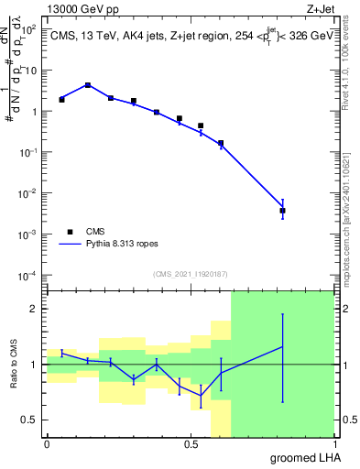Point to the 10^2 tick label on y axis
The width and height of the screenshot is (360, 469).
(x=30, y=29)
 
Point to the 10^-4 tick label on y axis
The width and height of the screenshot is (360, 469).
(x=29, y=276)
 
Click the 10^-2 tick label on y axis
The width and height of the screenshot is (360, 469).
(x=29, y=193)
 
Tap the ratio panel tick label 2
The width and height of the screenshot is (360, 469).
(x=35, y=309)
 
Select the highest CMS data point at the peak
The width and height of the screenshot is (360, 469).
(x=87, y=85)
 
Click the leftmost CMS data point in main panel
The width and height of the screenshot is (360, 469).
(x=61, y=99)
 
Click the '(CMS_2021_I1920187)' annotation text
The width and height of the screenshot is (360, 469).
(x=189, y=274)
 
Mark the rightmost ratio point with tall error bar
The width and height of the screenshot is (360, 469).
(x=282, y=347)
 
